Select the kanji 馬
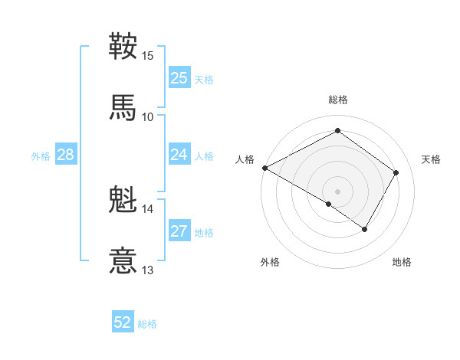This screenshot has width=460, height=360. [123, 106]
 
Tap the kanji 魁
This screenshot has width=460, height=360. [123, 200]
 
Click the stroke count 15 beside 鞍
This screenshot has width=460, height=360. [148, 56]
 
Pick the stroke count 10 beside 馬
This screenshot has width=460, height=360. [148, 116]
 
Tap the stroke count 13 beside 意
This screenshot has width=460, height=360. [148, 270]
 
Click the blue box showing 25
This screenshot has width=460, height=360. [179, 77]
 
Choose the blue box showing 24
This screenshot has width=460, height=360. [179, 155]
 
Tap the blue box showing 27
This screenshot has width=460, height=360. [179, 231]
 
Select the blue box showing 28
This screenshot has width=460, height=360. [66, 155]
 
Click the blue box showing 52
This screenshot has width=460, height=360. [123, 322]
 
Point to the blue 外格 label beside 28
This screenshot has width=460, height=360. [41, 155]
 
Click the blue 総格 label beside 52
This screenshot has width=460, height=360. [147, 324]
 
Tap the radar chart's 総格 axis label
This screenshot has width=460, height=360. [337, 100]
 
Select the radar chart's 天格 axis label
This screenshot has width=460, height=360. [432, 159]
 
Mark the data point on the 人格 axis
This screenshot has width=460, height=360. [264, 168]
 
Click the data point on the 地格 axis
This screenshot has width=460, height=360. [365, 229]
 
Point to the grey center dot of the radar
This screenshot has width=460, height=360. [337, 191]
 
